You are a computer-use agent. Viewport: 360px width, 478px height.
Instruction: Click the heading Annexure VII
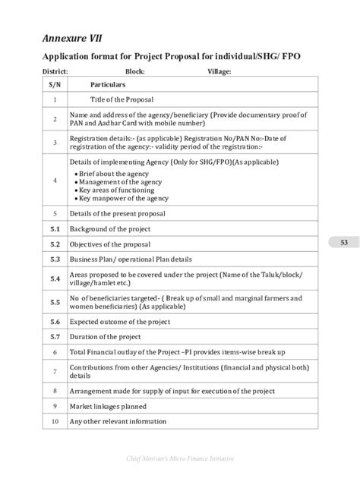click(x=68, y=36)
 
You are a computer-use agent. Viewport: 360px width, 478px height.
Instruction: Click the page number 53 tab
click(x=343, y=243)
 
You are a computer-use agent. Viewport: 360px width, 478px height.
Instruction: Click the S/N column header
click(x=55, y=85)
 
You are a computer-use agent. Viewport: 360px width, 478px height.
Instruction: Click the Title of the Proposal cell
click(x=122, y=99)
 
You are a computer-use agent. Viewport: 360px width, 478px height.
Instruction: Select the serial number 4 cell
click(x=55, y=181)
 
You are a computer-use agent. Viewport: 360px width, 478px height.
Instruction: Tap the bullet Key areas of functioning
click(x=115, y=190)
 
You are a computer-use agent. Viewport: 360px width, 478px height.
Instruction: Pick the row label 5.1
click(x=55, y=228)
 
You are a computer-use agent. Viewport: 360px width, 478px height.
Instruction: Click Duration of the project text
click(x=106, y=336)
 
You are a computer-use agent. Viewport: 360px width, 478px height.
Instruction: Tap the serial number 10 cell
click(x=55, y=420)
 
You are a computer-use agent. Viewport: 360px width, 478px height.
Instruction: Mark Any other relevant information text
click(x=118, y=420)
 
